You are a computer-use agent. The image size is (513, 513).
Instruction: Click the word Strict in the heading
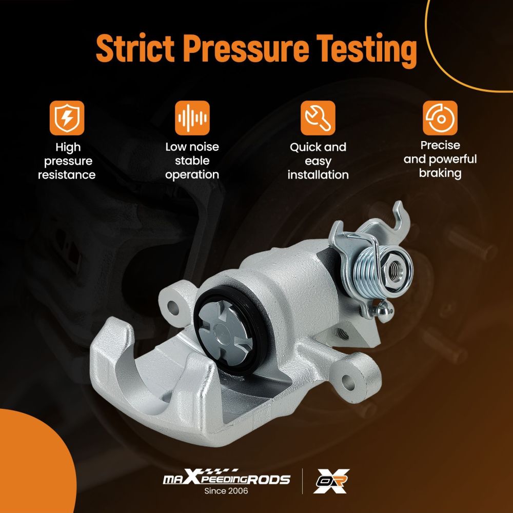pos(135,48)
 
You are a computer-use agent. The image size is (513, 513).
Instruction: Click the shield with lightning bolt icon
pos(67,118)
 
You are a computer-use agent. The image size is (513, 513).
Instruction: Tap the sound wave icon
pos(192,118)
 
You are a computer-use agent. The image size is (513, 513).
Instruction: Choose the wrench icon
pos(318,118)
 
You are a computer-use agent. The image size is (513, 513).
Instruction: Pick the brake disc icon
pos(440,118)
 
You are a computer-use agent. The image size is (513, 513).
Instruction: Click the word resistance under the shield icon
pos(67,175)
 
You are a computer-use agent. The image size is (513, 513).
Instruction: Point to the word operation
pos(192,175)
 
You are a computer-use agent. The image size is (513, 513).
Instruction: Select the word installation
pos(318,175)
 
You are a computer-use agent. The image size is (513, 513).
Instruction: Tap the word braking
pos(440,173)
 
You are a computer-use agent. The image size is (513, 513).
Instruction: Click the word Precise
pos(440,145)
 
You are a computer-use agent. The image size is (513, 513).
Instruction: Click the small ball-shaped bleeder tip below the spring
pos(385,311)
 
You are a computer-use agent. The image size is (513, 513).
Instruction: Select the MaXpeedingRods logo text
pos(226,478)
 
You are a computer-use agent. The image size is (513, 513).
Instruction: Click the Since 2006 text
pos(226,491)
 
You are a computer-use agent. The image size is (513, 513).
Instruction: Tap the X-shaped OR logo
pos(331,481)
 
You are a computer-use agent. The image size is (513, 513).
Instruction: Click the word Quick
pos(303,147)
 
